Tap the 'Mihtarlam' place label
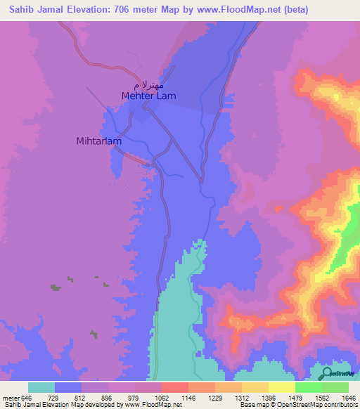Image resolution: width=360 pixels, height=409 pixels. pos(98,141)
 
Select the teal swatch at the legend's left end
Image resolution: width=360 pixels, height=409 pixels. pos(41,387)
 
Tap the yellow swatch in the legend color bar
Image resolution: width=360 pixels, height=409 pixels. pos(281,387)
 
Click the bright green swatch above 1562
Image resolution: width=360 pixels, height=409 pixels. pos(308,387)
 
